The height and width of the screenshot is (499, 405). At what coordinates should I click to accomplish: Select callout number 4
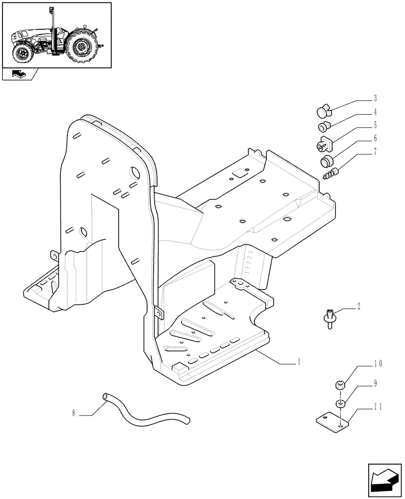pos(375,113)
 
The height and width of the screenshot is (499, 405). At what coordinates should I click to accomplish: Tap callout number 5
pos(375,125)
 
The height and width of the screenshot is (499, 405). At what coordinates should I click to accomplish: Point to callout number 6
pos(375,139)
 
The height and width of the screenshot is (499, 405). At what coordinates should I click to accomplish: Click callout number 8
pos(74,413)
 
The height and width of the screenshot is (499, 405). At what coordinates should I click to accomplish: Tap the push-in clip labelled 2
pos(329,318)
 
